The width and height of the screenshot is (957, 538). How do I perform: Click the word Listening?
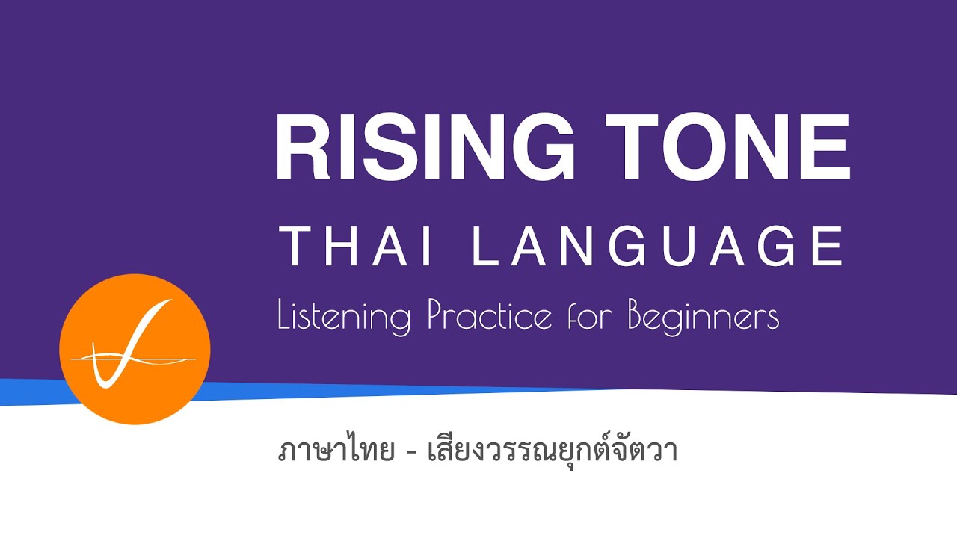[344, 316]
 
